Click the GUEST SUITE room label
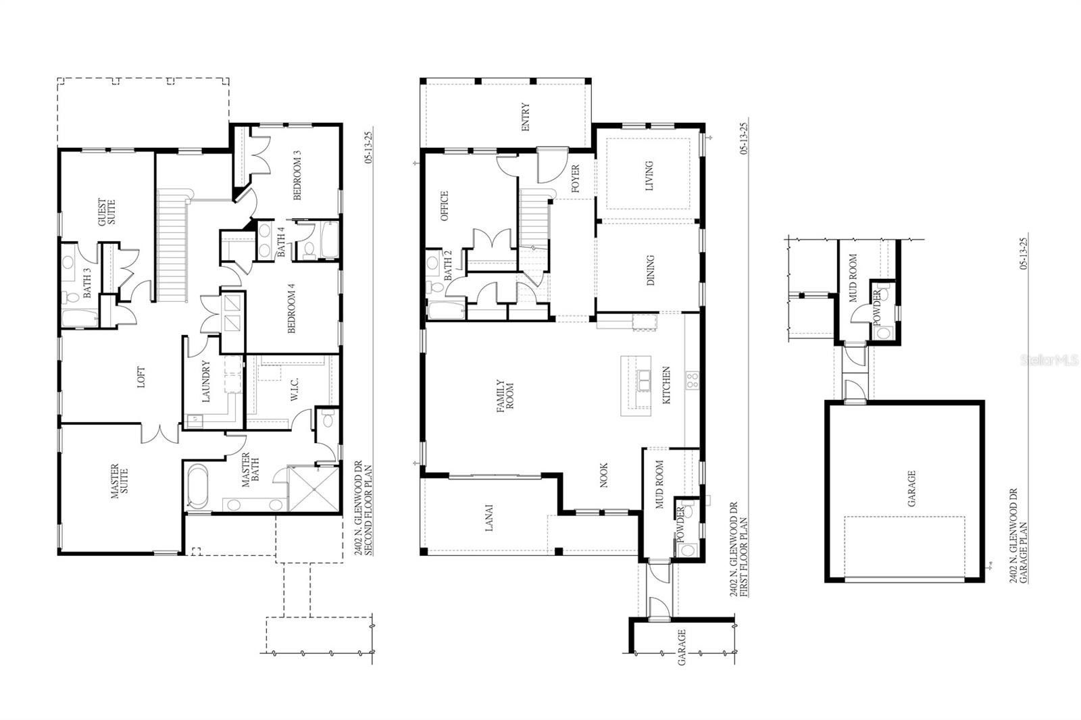point(107,212)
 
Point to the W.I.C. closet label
point(295,388)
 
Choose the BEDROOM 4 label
point(292,308)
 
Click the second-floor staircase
point(172,247)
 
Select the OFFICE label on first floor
point(444,206)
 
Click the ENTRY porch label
point(525,116)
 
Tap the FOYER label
point(575,179)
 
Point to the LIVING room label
point(649,175)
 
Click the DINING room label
point(650,270)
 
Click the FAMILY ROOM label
point(505,398)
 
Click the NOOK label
point(603,475)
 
